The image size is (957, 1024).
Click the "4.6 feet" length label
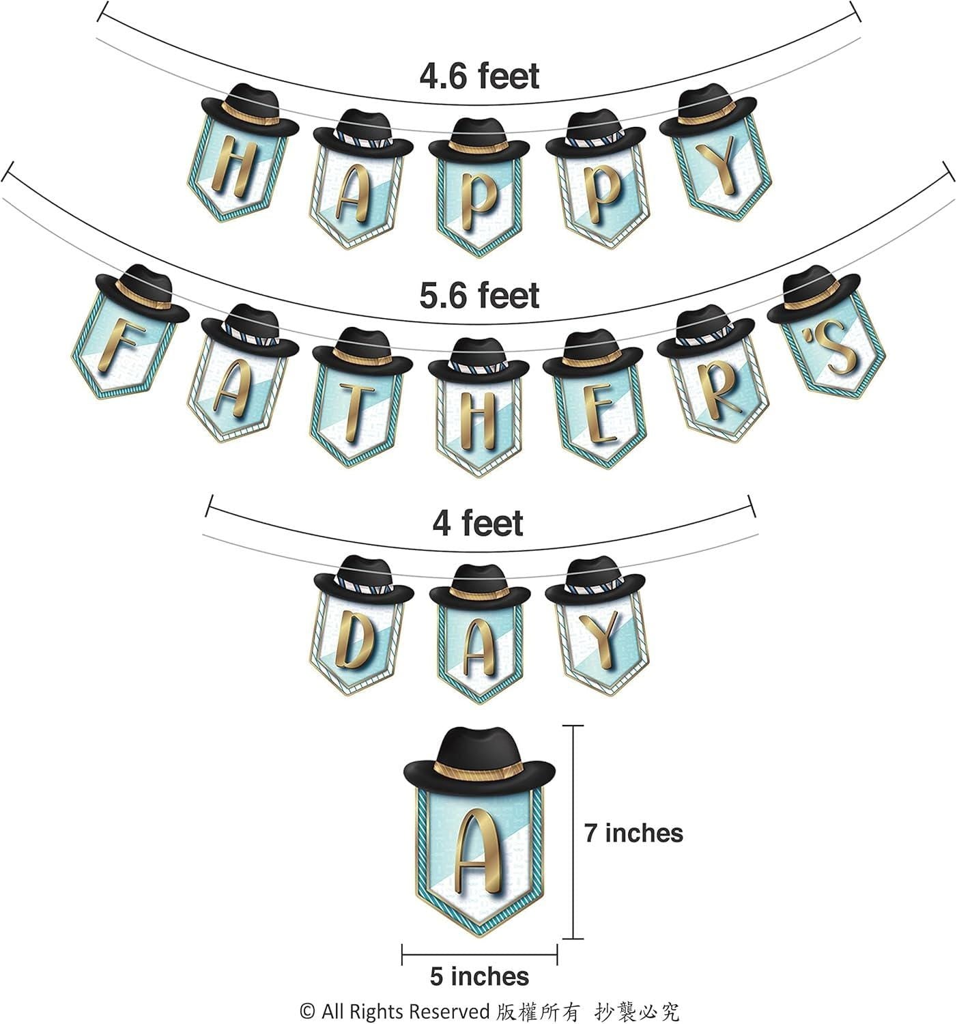pyautogui.click(x=479, y=76)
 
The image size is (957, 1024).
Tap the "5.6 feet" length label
pyautogui.click(x=479, y=296)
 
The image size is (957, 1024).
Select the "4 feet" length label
pyautogui.click(x=477, y=523)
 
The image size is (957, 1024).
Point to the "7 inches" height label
pyautogui.click(x=633, y=833)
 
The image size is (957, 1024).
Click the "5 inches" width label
pyautogui.click(x=480, y=976)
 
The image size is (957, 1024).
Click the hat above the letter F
pyautogui.click(x=142, y=294)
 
